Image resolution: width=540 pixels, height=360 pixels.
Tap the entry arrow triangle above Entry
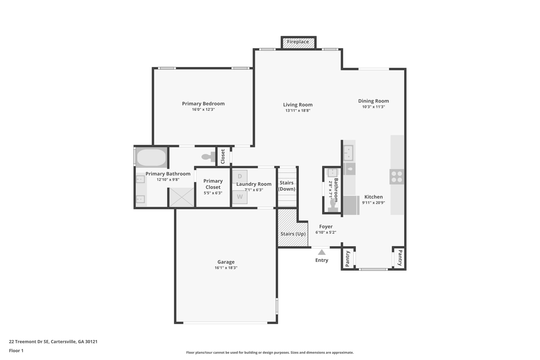point(321,252)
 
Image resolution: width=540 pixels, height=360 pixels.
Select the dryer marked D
point(240,176)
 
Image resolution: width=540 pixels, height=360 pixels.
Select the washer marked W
point(240,197)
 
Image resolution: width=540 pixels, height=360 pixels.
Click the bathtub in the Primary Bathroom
point(151,157)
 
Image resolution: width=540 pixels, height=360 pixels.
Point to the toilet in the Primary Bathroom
point(209,157)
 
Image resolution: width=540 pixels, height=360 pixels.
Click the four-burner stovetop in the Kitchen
point(397,177)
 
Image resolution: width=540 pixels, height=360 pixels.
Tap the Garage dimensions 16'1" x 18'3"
point(226,268)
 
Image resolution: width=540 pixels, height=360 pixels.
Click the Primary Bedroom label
point(203,104)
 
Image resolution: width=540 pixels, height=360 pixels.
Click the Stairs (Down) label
point(287,186)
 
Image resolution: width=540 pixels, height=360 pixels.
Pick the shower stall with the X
point(181,197)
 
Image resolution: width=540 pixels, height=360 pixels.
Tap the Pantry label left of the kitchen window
point(348,259)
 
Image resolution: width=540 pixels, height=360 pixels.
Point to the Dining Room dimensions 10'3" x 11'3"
point(373,107)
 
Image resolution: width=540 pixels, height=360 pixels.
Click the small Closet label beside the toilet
point(223,156)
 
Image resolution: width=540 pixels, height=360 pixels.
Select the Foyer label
point(326,227)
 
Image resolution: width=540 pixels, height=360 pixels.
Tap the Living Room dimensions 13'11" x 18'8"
point(298,111)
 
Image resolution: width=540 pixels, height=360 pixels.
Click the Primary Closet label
point(213,184)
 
